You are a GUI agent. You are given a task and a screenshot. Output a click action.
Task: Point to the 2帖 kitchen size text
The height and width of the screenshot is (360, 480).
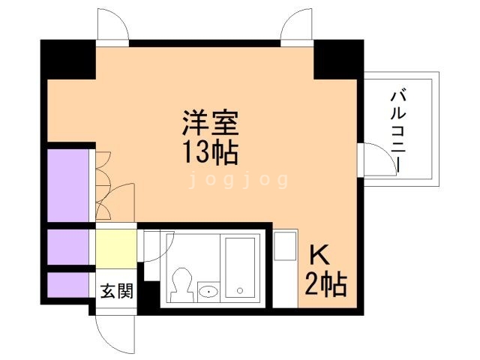[x=325, y=285]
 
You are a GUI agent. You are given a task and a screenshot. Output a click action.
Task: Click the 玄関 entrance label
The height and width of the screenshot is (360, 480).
[x=116, y=290]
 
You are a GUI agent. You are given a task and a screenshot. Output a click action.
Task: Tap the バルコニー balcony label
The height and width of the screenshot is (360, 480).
[x=398, y=131]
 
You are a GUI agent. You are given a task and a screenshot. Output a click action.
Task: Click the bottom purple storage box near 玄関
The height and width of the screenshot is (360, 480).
[x=69, y=286]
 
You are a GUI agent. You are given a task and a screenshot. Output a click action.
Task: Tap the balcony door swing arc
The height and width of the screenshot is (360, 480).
[x=370, y=160]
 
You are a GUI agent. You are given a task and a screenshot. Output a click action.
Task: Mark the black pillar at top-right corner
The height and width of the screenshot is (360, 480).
[x=338, y=58]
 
